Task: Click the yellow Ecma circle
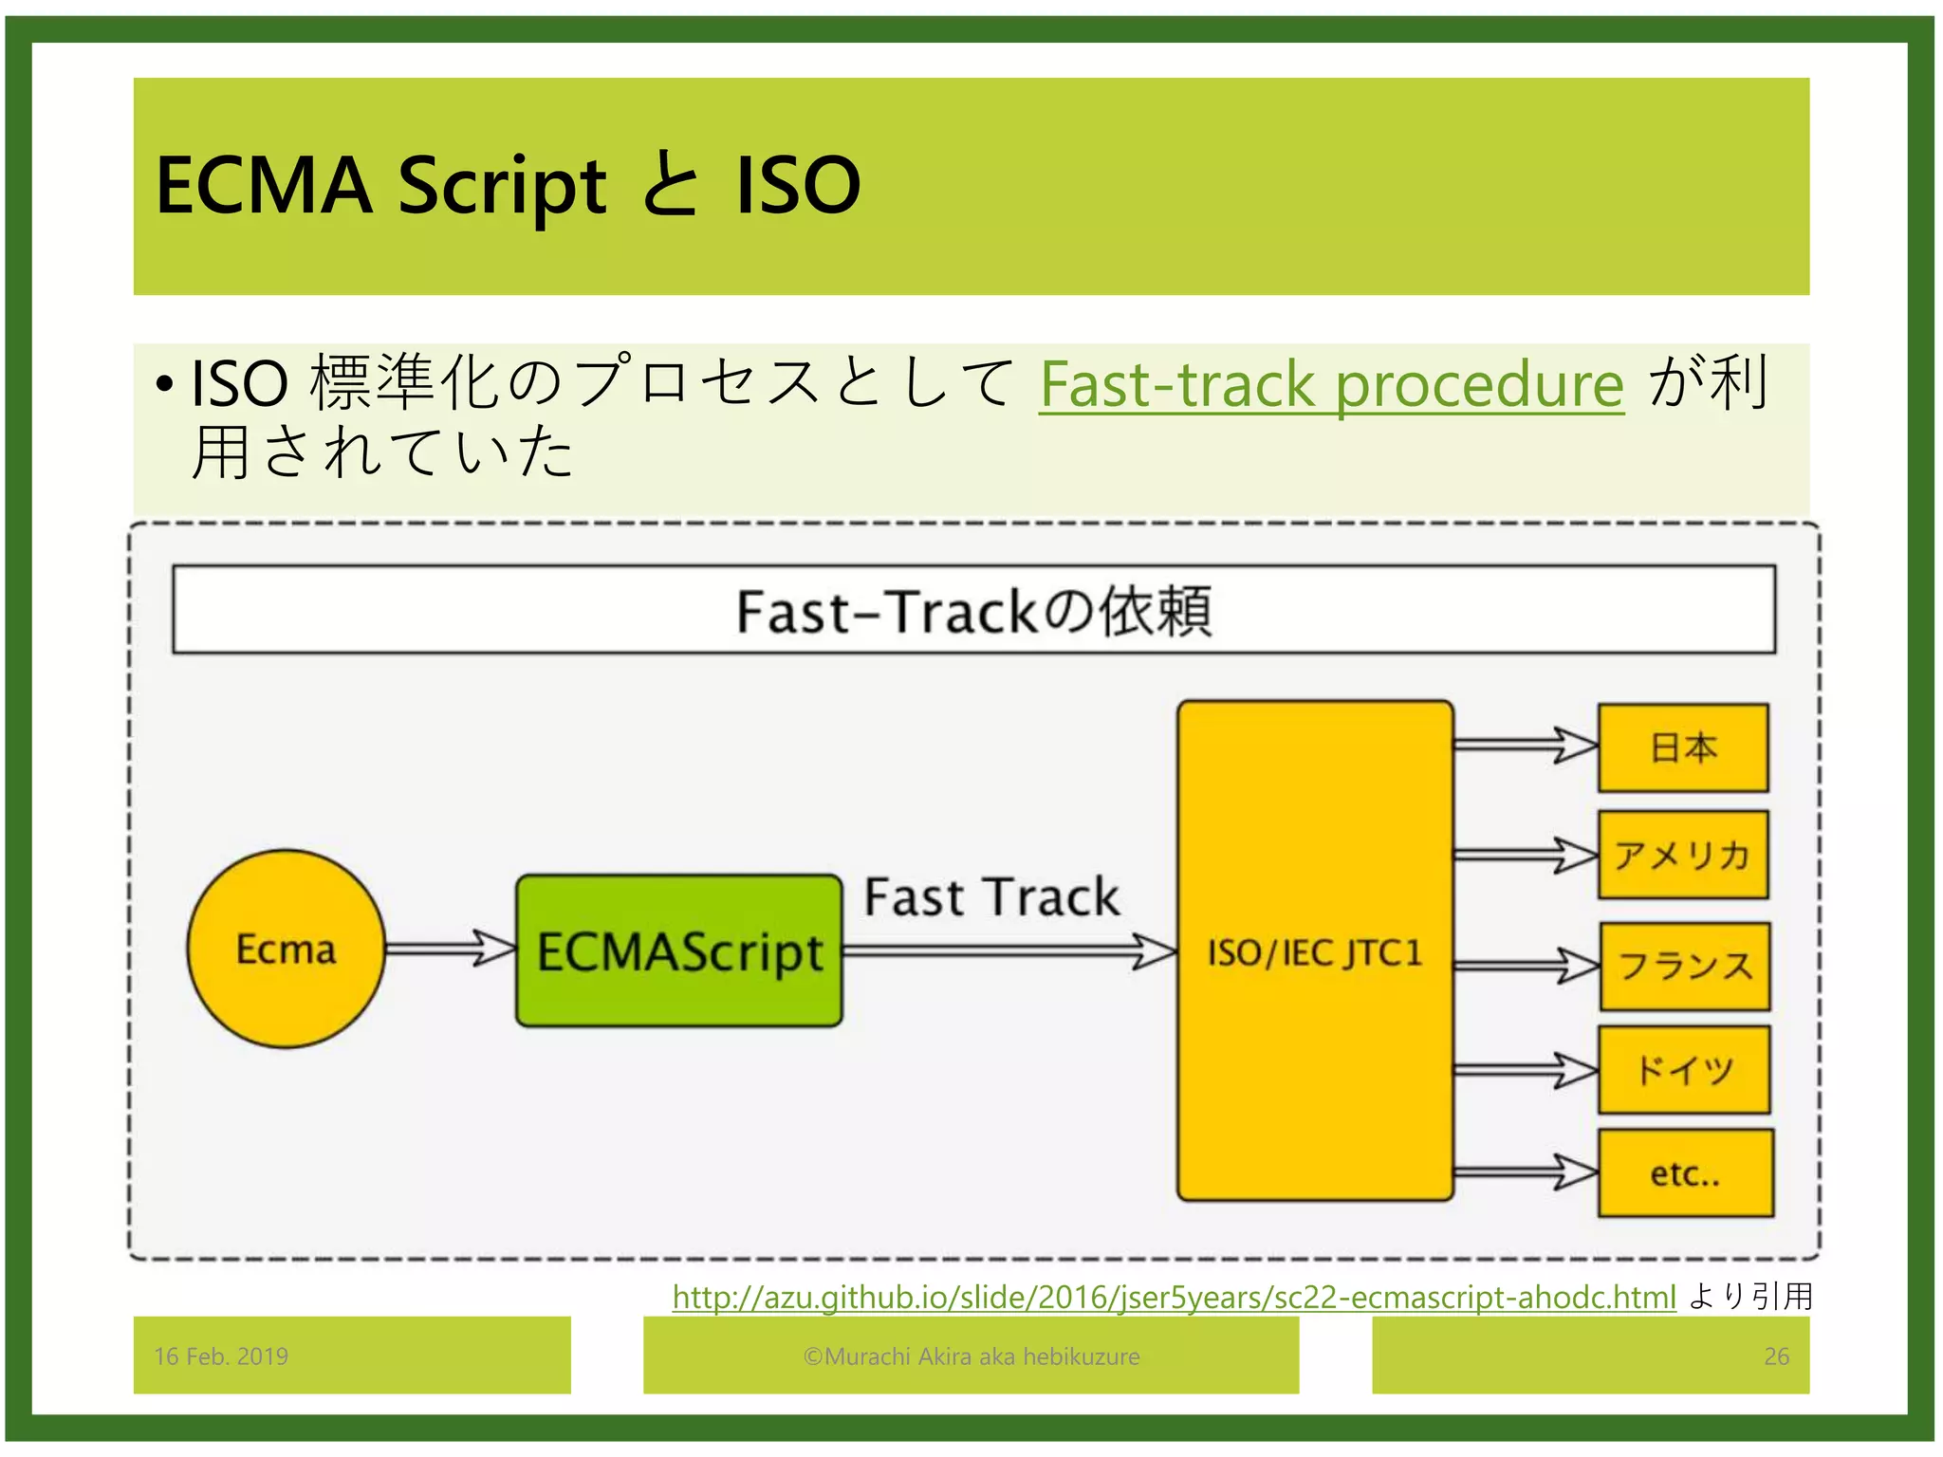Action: [x=286, y=949]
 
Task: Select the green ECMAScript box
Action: [x=679, y=950]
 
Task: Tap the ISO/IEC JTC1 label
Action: [x=1315, y=952]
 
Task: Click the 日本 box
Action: [x=1683, y=747]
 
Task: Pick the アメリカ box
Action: [x=1683, y=855]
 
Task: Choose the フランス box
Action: [x=1685, y=966]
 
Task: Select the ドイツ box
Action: [x=1684, y=1070]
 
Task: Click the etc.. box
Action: [x=1685, y=1173]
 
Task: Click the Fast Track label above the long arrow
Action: [x=991, y=896]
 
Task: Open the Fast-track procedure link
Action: [x=1331, y=384]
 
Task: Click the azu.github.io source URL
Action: [x=1174, y=1297]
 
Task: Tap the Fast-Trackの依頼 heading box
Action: [x=973, y=610]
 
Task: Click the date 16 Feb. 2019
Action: [x=221, y=1356]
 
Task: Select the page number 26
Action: [x=1776, y=1356]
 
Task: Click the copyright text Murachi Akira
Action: [x=971, y=1356]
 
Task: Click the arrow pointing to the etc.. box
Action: [x=1526, y=1172]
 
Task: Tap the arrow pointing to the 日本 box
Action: [x=1526, y=746]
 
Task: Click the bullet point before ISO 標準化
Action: [x=165, y=385]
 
